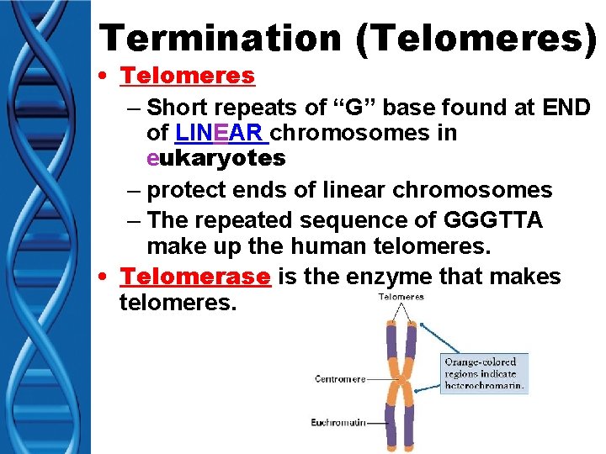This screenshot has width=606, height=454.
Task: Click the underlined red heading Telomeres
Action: point(187,76)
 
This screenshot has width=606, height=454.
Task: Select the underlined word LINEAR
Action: point(221,133)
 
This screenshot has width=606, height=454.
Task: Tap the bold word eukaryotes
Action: point(215,157)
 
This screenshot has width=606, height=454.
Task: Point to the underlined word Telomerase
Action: point(195,277)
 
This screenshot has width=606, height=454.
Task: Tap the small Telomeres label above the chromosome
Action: point(401,297)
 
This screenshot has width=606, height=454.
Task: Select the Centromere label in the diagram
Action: point(341,379)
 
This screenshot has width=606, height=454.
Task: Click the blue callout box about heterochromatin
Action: point(484,373)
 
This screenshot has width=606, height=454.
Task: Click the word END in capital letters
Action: point(566,108)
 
